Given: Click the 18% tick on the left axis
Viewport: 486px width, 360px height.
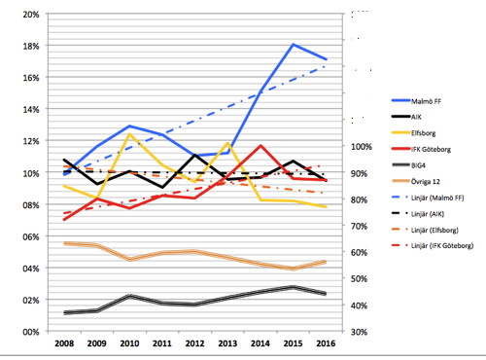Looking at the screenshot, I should coord(29,47).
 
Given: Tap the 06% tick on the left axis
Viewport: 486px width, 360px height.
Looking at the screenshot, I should coord(29,236).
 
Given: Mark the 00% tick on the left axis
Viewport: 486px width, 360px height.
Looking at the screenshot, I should coord(29,332).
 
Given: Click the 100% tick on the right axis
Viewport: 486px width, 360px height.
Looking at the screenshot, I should coord(363,147).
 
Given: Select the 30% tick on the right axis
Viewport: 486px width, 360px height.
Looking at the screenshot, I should coord(361,332).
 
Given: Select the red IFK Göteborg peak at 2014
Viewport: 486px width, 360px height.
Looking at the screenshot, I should coord(261,145).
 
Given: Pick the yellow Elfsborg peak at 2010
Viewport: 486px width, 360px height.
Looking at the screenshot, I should coord(130,135).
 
